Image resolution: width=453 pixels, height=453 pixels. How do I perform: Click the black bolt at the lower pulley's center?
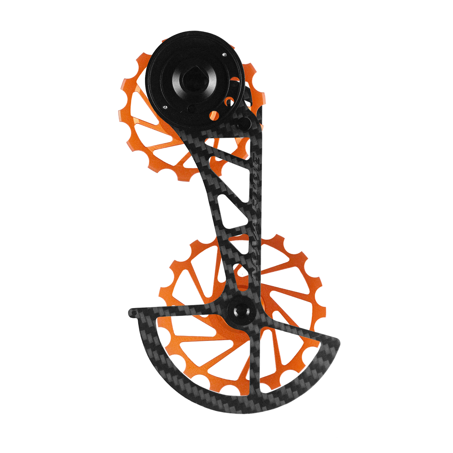tap(238, 310)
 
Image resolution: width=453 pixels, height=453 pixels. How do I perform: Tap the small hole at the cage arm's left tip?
tap(132, 313)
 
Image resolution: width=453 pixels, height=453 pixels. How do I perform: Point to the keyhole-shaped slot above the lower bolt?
tap(238, 274)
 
